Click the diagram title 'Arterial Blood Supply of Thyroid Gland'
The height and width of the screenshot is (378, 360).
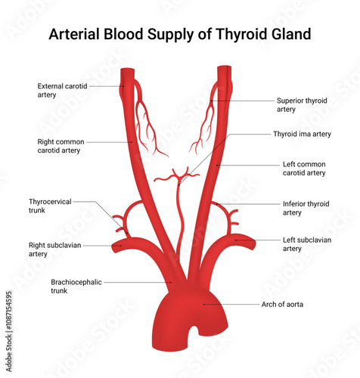tap(179, 34)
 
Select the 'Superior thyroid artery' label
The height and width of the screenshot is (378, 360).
tap(301, 104)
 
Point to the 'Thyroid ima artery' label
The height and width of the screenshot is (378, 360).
tap(302, 134)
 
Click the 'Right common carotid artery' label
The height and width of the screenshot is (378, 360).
tap(61, 146)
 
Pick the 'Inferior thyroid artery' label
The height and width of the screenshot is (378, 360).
tap(306, 208)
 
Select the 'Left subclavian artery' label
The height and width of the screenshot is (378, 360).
tap(306, 244)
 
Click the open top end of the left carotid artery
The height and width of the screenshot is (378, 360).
tap(223, 71)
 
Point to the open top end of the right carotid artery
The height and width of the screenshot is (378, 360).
tap(127, 72)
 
